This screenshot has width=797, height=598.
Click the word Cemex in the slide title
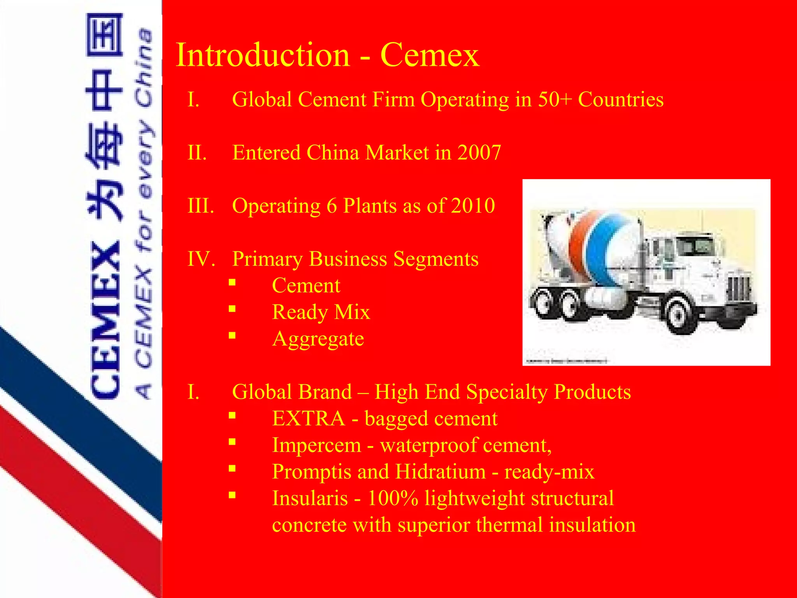coord(430,55)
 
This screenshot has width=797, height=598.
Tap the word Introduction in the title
coord(263,55)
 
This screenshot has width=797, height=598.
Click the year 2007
coord(479,153)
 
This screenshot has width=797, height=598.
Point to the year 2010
coord(473,206)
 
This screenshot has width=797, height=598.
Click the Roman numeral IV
coord(201,259)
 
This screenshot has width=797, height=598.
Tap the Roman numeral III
coord(200,206)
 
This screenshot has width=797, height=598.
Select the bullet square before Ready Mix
coord(232,309)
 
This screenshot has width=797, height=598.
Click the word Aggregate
coord(318,339)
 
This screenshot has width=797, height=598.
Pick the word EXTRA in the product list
coord(308,419)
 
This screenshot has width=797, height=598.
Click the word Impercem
coord(316,445)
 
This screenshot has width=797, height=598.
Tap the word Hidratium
coord(440,472)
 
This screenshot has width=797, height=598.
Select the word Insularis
coord(310,498)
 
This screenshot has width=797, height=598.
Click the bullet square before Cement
coord(232,283)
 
